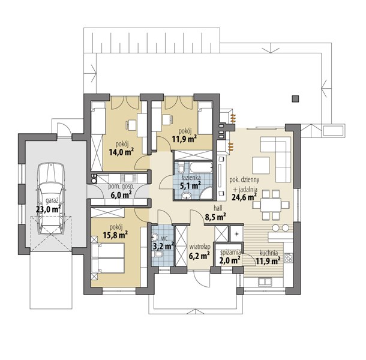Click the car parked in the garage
pyautogui.click(x=51, y=199)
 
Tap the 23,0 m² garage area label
pyautogui.click(x=49, y=209)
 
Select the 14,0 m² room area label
pyautogui.click(x=121, y=152)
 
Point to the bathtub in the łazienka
pyautogui.click(x=200, y=167)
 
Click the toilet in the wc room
pyautogui.click(x=159, y=254)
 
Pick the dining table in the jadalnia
pyautogui.click(x=271, y=205)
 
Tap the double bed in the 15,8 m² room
pyautogui.click(x=109, y=258)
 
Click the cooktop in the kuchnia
pyautogui.click(x=289, y=258)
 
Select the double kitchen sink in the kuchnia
pyautogui.click(x=265, y=282)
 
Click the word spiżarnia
pyautogui.click(x=231, y=253)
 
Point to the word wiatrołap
pyautogui.click(x=200, y=247)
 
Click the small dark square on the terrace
pyautogui.click(x=295, y=99)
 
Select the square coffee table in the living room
pyautogui.click(x=261, y=165)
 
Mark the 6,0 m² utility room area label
pyautogui.click(x=121, y=194)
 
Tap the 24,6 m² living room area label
pyautogui.click(x=244, y=197)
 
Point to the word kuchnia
pyautogui.click(x=269, y=253)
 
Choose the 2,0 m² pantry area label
pyautogui.click(x=230, y=260)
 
